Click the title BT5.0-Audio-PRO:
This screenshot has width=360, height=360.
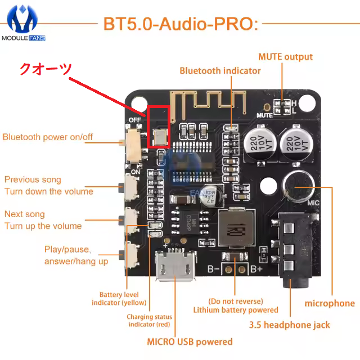click(x=181, y=24)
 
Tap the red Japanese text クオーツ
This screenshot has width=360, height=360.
click(x=46, y=69)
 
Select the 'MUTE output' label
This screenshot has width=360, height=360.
click(x=285, y=57)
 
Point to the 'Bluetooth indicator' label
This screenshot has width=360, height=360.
click(x=220, y=71)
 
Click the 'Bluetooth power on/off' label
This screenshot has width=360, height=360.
click(x=48, y=137)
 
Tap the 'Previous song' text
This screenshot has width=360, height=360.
click(x=33, y=180)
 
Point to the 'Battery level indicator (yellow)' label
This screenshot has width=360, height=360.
click(x=119, y=299)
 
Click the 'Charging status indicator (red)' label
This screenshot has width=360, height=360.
click(x=149, y=321)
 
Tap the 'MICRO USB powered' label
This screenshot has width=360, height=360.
click(x=190, y=341)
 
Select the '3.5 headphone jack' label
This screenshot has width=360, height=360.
click(x=289, y=325)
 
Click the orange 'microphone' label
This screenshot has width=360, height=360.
click(x=330, y=303)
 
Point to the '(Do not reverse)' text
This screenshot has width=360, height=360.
click(x=236, y=301)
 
